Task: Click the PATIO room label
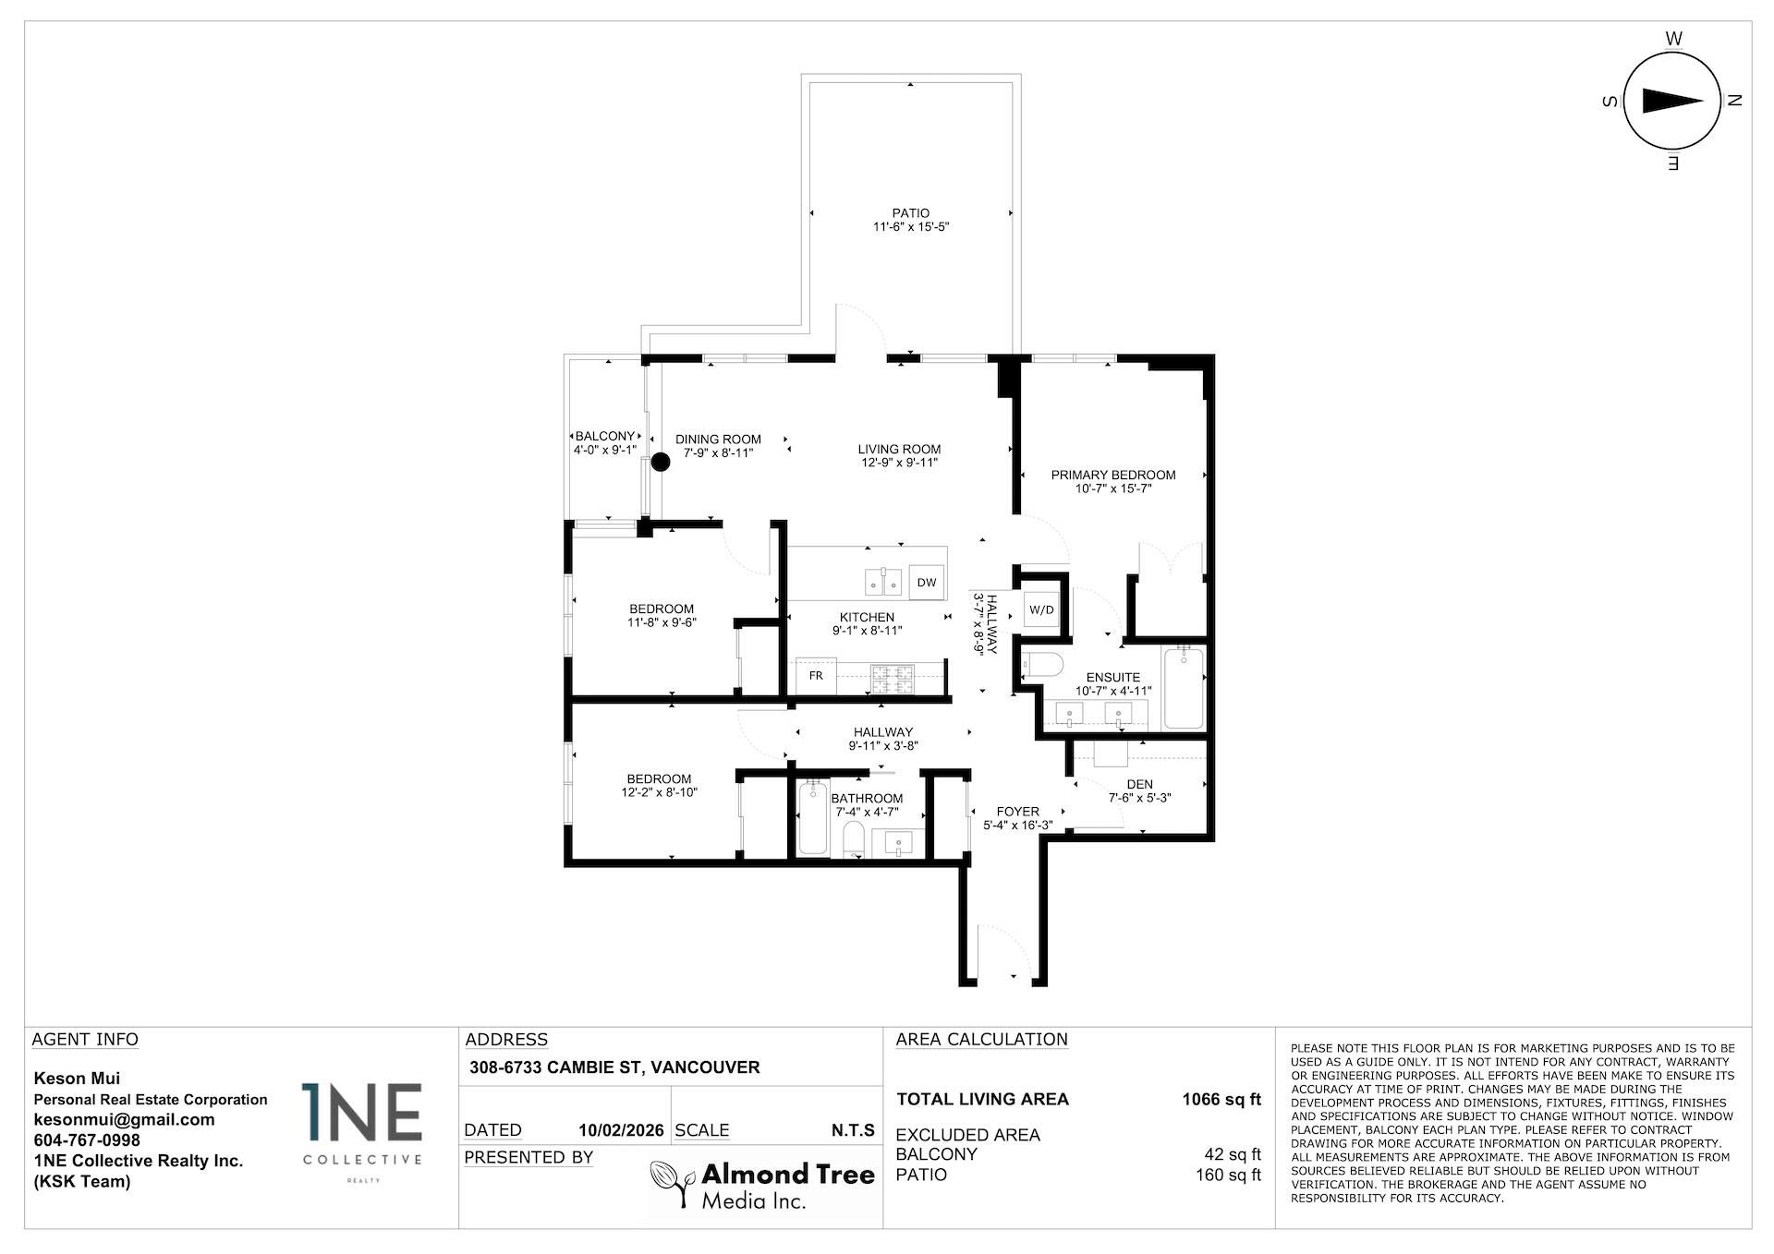[x=910, y=213]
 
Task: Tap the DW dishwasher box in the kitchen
[x=927, y=582]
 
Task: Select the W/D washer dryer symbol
[x=1041, y=609]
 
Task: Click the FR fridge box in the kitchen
[x=816, y=676]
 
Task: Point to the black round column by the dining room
[x=661, y=463]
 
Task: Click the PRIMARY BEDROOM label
[x=1112, y=475]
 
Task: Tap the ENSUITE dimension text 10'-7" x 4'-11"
[x=1112, y=691]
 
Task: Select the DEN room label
[x=1139, y=784]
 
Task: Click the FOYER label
[x=1017, y=812]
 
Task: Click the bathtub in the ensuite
[x=1184, y=687]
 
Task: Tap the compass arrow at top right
[x=1672, y=102]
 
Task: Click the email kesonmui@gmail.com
[x=124, y=1119]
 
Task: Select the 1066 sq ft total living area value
[x=1221, y=1099]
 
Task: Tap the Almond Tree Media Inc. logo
[x=762, y=1185]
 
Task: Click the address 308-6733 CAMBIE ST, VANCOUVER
[x=613, y=1067]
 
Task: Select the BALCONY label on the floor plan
[x=605, y=436]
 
